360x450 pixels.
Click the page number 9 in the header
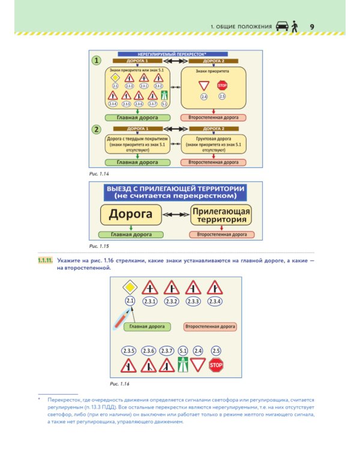tap(312, 26)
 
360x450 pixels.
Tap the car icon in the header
tap(281, 26)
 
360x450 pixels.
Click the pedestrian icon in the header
tap(295, 26)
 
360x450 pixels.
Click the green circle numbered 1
tap(96, 61)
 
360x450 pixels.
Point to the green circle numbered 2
tap(96, 129)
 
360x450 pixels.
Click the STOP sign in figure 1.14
tap(222, 85)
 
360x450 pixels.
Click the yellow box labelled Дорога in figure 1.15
tap(130, 214)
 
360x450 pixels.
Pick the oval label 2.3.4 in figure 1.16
tap(214, 301)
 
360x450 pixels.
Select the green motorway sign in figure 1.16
tap(183, 364)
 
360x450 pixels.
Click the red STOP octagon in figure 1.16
tap(216, 364)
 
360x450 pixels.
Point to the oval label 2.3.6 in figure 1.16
tap(149, 350)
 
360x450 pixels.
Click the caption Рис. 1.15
tap(97, 246)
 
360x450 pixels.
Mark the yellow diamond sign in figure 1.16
tap(130, 287)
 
